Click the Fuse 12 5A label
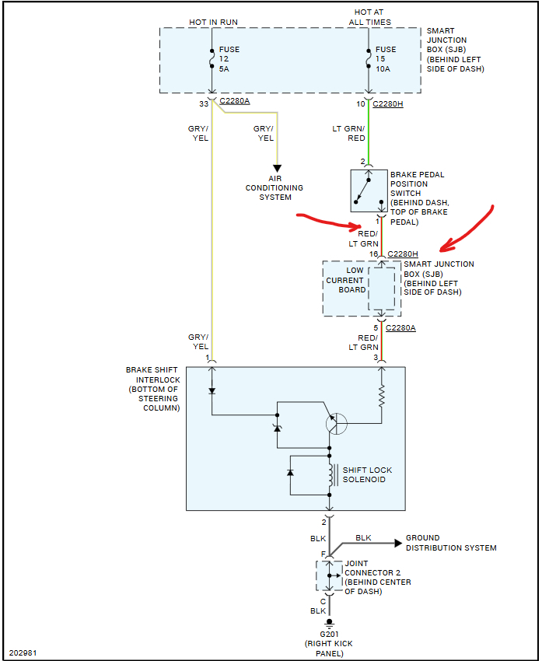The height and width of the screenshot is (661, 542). pos(229,59)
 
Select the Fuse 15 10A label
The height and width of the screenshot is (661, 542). pos(386,59)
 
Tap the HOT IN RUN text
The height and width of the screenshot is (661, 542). pos(213,22)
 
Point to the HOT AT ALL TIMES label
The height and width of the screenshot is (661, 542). pos(369,17)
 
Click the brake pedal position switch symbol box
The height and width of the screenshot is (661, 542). pos(369,191)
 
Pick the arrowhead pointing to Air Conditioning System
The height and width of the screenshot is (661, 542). pos(277,169)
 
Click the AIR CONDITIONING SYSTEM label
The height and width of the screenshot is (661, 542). pos(274,187)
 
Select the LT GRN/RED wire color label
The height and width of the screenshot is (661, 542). pos(348,133)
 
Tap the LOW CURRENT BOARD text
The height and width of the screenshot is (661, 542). pos(345,280)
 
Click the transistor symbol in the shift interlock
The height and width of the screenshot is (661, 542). pos(337,423)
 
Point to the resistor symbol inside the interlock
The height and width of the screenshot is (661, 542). pos(382,395)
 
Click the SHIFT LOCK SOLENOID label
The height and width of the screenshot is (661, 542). pos(367,474)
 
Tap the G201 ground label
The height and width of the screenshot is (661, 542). pos(329,634)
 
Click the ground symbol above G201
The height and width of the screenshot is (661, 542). pos(330,623)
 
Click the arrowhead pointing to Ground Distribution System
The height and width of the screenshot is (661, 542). pos(398,543)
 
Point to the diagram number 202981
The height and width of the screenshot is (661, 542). pos(23,652)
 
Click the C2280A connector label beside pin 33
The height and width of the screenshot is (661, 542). pos(235,101)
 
